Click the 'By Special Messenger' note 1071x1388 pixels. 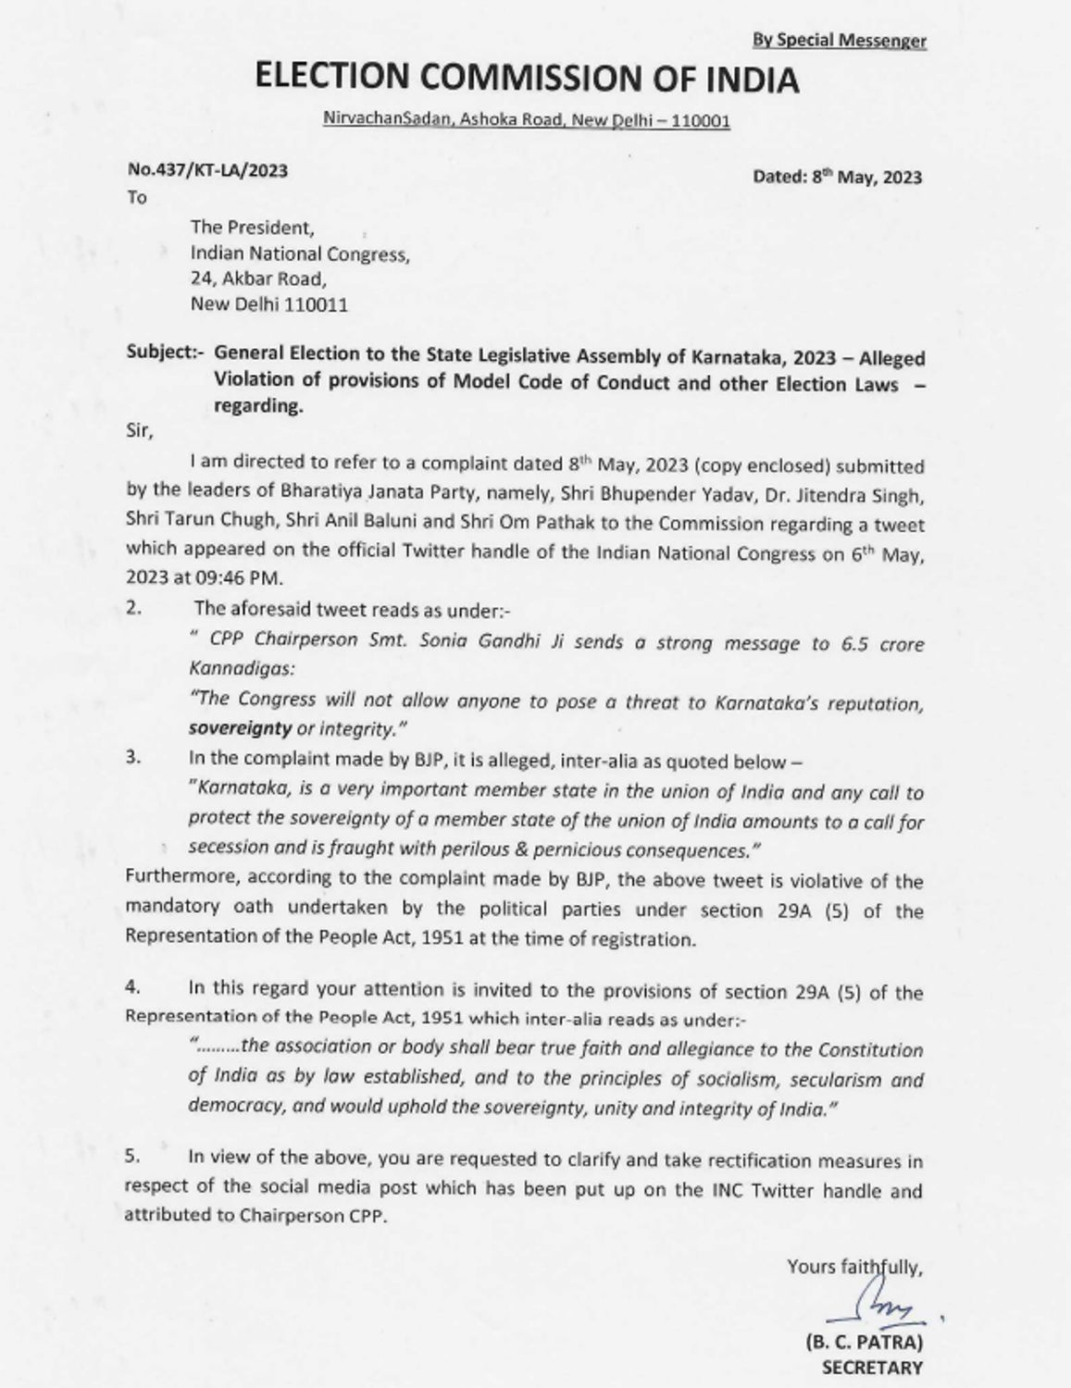tap(839, 40)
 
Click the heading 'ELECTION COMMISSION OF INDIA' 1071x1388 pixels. tap(527, 80)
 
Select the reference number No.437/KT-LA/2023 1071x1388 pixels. tap(207, 170)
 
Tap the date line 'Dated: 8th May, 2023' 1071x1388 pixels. tap(837, 177)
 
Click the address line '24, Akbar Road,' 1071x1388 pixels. tap(258, 279)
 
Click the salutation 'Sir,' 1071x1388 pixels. tap(139, 431)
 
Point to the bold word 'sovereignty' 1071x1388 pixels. tap(240, 728)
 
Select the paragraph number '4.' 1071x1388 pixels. tap(132, 988)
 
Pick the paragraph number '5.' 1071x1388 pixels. tap(132, 1156)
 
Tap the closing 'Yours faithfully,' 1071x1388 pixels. tap(854, 1266)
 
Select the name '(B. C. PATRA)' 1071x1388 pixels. tap(863, 1343)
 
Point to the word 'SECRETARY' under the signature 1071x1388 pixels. tap(871, 1368)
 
